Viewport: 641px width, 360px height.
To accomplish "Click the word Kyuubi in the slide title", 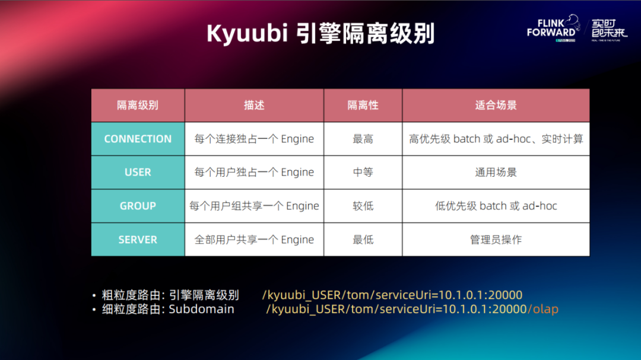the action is (247, 34).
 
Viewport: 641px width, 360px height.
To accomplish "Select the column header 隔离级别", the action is (138, 106).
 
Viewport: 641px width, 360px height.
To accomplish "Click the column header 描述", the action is (254, 106).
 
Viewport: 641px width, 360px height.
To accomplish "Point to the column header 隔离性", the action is (363, 106).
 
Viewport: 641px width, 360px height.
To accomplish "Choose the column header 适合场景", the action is (496, 106).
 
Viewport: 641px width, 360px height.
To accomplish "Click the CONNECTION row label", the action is (138, 139).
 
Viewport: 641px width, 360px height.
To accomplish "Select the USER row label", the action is (138, 173).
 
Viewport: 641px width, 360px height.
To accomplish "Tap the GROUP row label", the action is (138, 206).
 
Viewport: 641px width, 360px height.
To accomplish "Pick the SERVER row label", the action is (138, 240).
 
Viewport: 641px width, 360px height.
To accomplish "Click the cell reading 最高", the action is (363, 139).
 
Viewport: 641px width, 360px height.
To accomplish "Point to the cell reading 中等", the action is (363, 173).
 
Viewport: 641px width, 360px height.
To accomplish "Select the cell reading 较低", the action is (363, 206).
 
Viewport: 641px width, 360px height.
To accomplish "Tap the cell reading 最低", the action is (363, 240).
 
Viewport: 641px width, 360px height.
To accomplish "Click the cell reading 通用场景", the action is (496, 173).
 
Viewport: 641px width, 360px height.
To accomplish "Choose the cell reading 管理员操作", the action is (496, 240).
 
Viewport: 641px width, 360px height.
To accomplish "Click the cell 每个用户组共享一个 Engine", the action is (254, 206).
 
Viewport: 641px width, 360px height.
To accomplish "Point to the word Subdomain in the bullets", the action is (202, 309).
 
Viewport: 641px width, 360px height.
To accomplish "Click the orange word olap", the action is (545, 309).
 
